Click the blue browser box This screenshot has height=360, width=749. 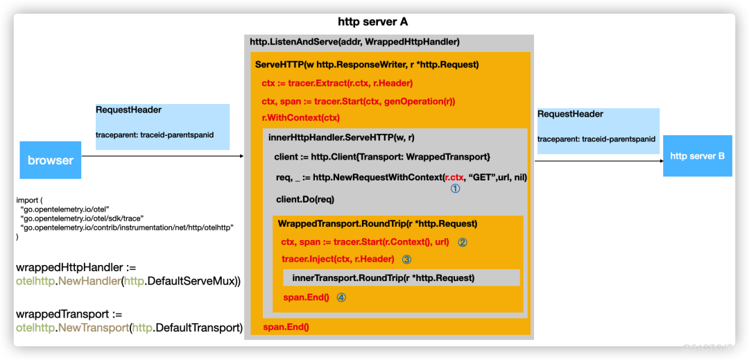coord(50,160)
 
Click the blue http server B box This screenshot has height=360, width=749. coord(696,156)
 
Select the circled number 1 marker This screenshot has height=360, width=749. coord(455,188)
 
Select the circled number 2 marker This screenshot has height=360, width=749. coord(463,243)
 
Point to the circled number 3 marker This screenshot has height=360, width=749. coord(407,259)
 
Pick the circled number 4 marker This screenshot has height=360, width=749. coord(341,297)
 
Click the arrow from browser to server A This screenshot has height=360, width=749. coord(163,157)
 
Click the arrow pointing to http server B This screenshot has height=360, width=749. coord(596,161)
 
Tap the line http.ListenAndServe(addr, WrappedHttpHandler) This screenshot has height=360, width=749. coord(354,42)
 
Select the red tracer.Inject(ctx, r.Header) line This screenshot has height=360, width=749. coord(338,259)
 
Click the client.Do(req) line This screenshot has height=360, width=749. coord(304,199)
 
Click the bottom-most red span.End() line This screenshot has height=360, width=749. coord(286,327)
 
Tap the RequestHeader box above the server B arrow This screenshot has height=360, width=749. coord(598,130)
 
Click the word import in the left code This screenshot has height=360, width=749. coord(28,200)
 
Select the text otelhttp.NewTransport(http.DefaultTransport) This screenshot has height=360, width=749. coord(129,328)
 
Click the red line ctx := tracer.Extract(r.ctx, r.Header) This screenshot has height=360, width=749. coord(337,83)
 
